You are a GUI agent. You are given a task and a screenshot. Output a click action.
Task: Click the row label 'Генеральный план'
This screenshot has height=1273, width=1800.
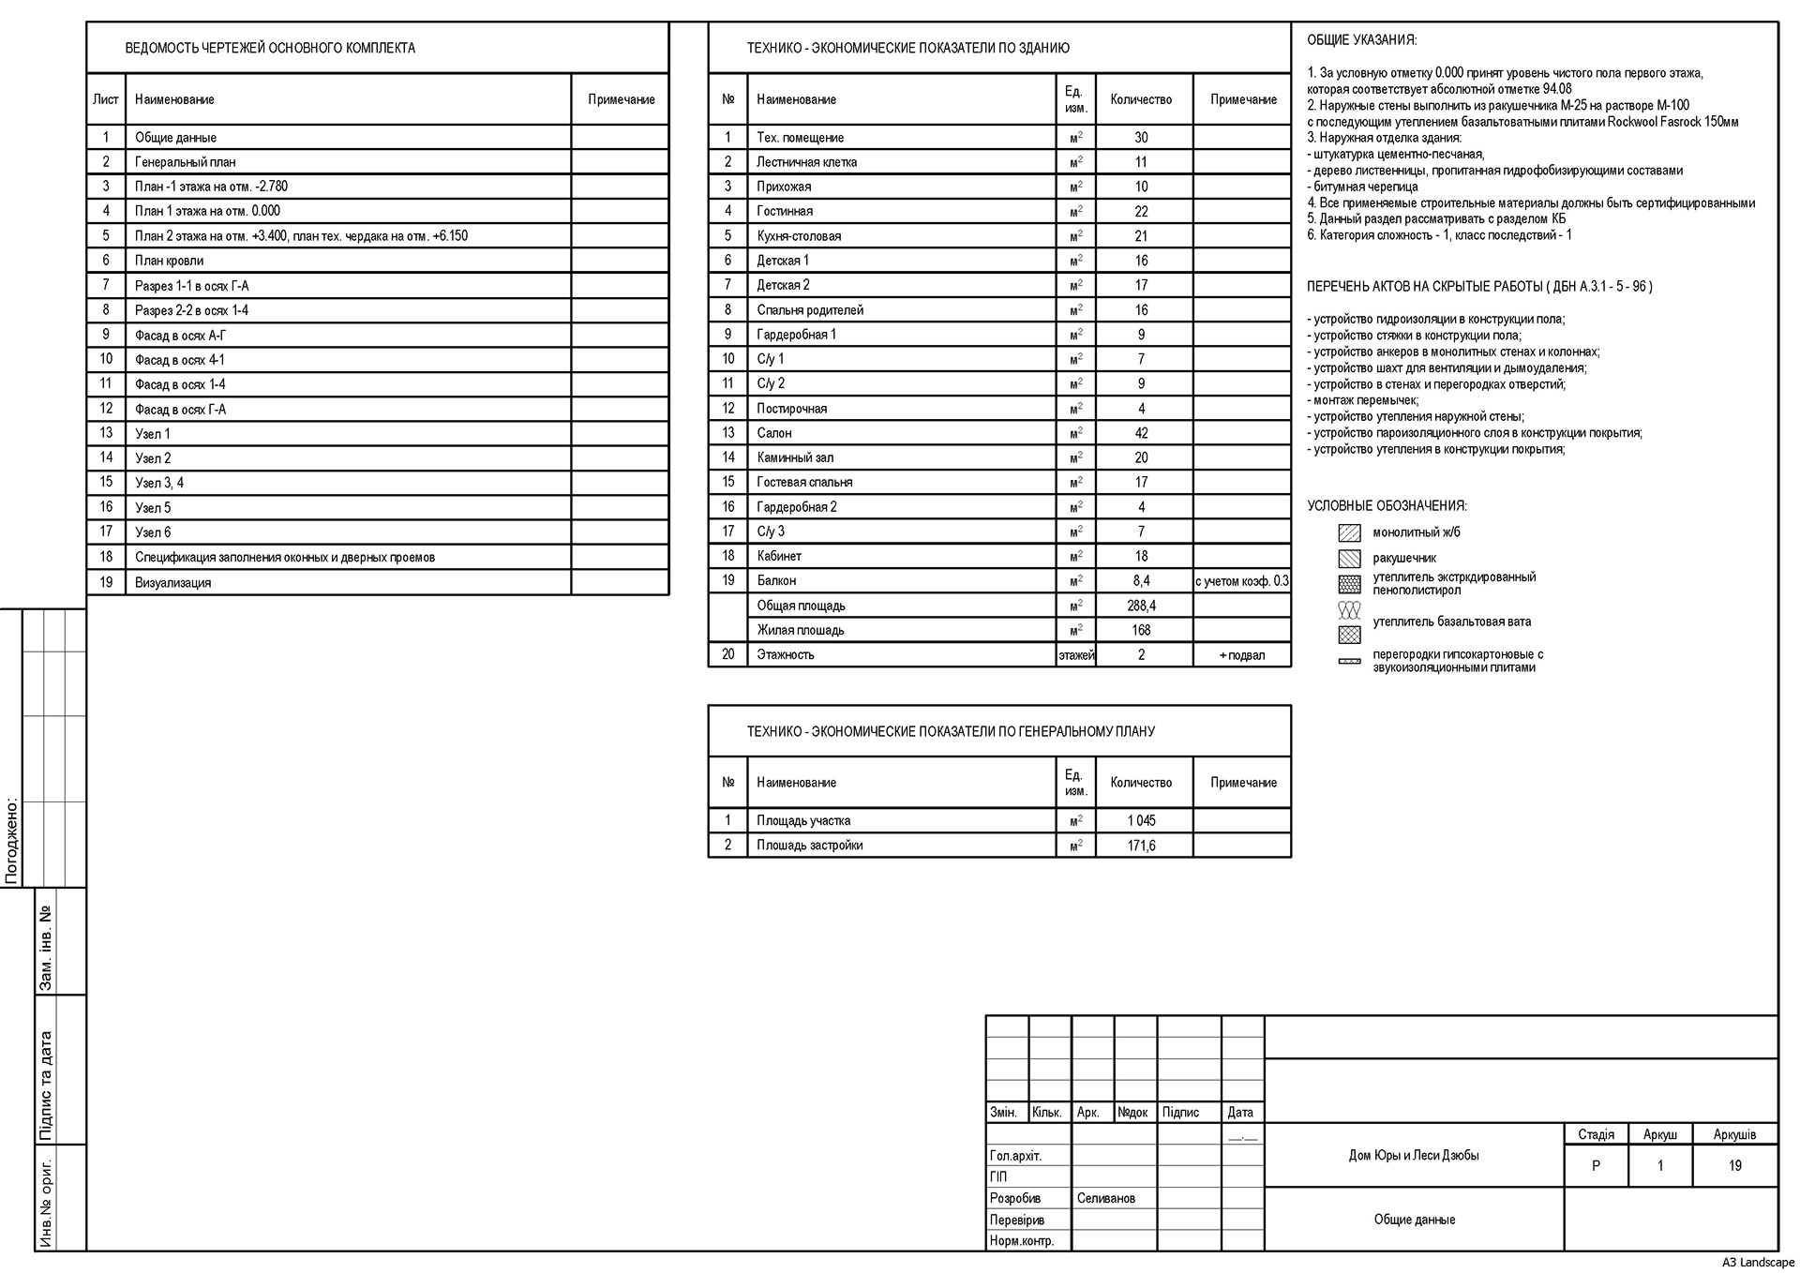185,162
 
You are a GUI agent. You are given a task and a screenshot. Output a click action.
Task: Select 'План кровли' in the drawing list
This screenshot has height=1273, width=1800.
169,261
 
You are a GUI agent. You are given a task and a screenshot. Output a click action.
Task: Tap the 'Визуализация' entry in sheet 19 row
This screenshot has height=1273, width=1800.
172,582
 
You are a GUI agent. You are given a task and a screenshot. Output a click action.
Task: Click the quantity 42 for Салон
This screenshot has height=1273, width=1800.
1141,433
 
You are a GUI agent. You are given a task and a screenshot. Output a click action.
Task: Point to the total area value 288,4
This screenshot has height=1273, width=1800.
1141,606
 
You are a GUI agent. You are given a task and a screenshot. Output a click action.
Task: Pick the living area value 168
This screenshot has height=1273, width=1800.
1141,630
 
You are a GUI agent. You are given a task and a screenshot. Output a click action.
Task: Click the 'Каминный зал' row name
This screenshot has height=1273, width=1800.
795,457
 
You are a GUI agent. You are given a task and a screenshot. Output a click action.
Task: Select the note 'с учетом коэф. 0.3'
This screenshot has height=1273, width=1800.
1241,581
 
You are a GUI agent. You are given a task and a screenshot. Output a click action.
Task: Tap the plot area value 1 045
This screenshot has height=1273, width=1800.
1141,820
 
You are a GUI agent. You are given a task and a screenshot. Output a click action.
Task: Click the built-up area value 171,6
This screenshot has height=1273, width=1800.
1141,846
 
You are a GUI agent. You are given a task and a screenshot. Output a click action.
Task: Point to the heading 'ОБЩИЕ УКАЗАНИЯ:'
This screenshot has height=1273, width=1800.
1361,40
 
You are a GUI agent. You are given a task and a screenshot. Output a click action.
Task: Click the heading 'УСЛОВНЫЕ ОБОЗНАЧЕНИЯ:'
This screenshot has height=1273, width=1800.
1387,506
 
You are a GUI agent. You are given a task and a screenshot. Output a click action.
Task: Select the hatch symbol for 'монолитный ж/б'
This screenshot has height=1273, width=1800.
1349,533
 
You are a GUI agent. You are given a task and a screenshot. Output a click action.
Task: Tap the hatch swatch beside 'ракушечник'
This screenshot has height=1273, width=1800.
1349,559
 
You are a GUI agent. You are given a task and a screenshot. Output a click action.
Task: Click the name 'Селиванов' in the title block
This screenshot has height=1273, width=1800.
1105,1198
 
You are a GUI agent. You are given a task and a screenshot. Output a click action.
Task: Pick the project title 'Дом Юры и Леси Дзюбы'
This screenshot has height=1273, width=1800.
1414,1156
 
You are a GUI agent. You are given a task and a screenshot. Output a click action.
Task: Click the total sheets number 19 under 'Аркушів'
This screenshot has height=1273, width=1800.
1734,1166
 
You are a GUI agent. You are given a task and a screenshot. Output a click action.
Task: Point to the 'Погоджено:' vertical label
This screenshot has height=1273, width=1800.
12,841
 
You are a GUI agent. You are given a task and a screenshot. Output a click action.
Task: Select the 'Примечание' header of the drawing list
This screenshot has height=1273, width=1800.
621,99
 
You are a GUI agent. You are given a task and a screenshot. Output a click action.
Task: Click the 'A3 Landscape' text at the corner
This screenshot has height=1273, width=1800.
1758,1263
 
